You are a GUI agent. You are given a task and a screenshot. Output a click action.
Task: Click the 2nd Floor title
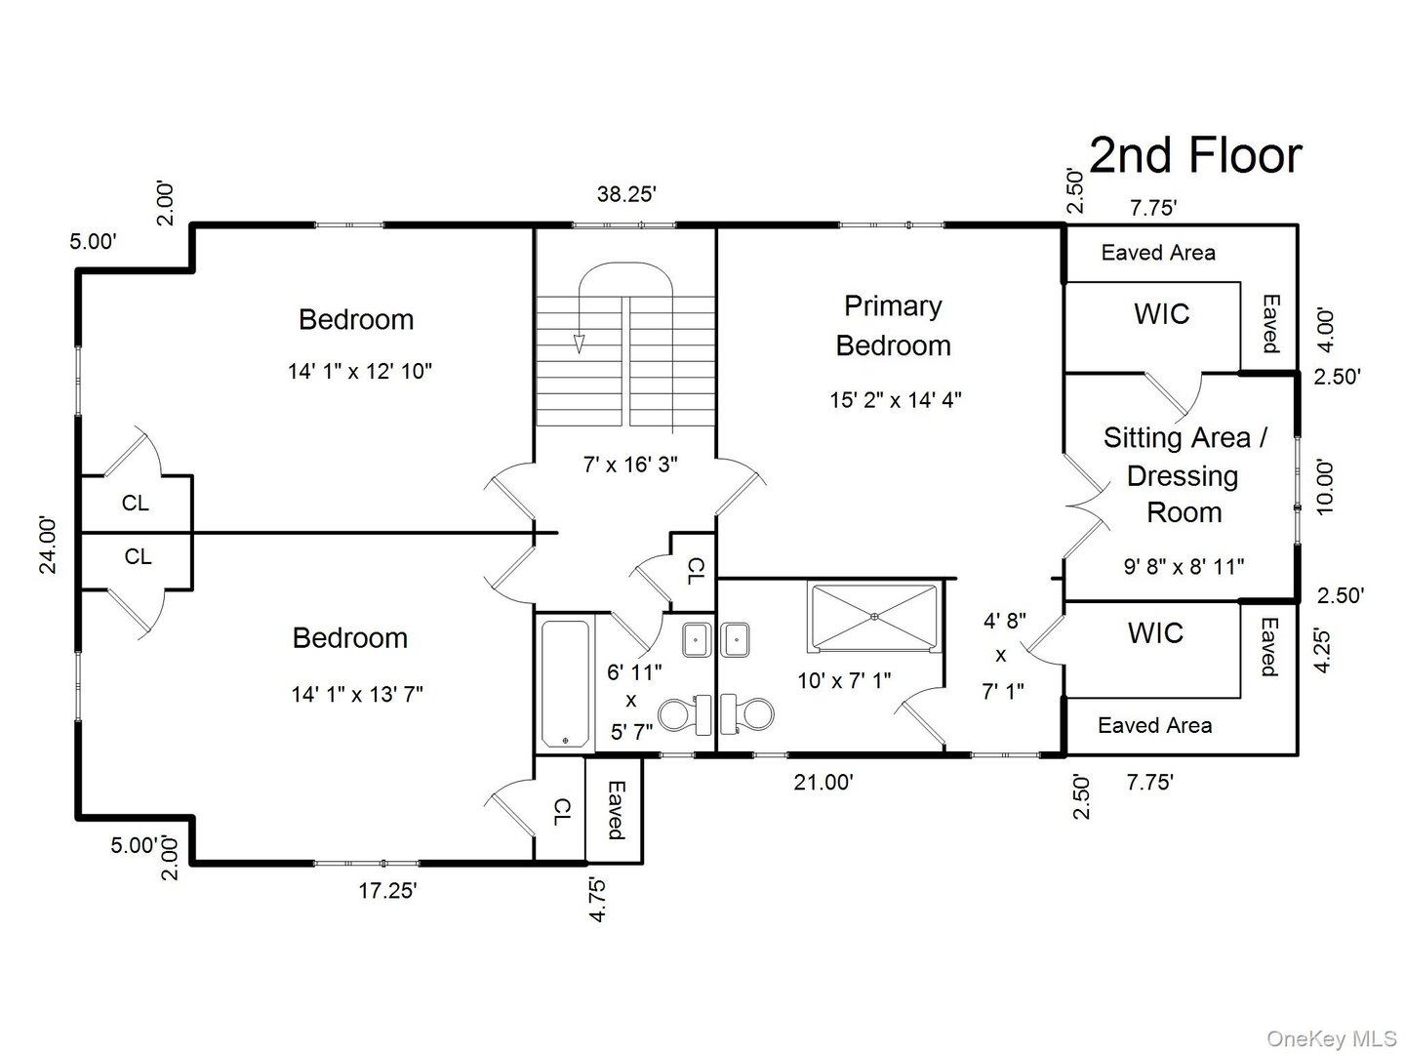pos(1194,156)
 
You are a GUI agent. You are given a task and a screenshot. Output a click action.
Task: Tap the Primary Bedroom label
pos(893,326)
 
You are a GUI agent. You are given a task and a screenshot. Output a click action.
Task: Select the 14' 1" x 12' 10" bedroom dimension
pos(359,372)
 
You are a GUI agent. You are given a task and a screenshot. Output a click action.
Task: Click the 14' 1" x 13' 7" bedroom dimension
pos(356,695)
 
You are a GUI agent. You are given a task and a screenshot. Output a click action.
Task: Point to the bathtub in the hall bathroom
pos(565,683)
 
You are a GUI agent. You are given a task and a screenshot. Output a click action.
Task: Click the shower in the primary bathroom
pos(873,616)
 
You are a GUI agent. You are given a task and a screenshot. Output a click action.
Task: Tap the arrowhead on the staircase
pos(579,344)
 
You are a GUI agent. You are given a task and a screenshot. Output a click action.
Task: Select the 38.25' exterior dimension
pos(626,194)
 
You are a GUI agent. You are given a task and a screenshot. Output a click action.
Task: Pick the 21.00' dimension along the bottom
pos(823,782)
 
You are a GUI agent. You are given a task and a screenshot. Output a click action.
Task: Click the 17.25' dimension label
pos(387,890)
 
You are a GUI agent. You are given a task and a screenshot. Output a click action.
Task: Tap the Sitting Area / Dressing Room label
pos(1184,475)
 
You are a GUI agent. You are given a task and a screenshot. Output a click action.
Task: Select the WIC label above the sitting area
pos(1161,314)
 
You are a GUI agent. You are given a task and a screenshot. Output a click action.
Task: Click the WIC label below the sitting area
pos(1155,633)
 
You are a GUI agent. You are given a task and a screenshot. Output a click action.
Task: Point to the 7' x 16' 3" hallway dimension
pos(630,466)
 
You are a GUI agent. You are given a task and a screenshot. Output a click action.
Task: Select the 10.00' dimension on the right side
pos(1324,487)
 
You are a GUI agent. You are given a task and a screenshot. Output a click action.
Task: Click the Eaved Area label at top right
pos(1158,253)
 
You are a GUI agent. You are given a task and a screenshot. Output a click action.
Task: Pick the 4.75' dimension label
pos(597,899)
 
